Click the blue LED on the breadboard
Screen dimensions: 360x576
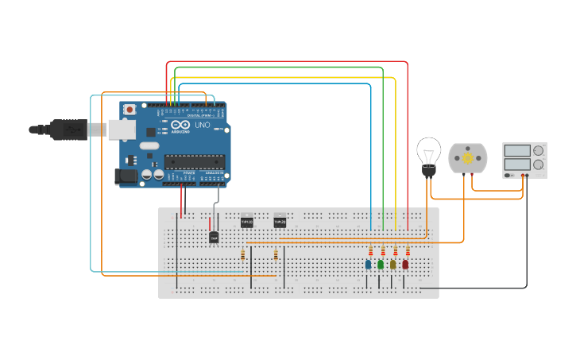(x=368, y=264)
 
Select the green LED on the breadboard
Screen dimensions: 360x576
(x=381, y=264)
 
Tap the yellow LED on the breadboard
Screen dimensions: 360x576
(x=392, y=264)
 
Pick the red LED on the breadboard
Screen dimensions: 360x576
(x=405, y=264)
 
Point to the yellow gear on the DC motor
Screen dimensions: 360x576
(x=467, y=159)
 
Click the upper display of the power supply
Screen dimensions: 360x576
(x=518, y=150)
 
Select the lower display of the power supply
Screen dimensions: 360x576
(x=518, y=165)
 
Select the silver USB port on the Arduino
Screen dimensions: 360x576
(x=121, y=130)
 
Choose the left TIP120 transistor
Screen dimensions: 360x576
(x=246, y=223)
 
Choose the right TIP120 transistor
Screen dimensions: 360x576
(x=280, y=223)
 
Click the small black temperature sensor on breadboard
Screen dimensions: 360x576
(x=214, y=237)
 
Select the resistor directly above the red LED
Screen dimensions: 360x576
(x=408, y=251)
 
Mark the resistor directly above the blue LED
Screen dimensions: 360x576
(x=370, y=251)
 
